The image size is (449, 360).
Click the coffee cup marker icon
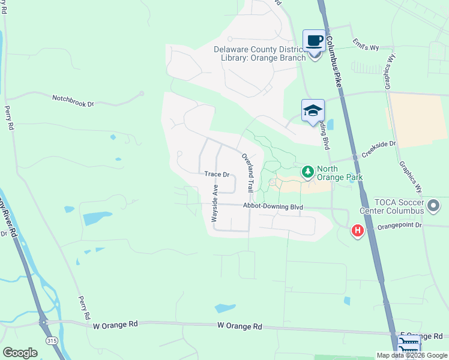(x=314, y=41)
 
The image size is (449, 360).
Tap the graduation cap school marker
(x=313, y=110)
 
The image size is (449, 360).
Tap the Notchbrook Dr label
(x=73, y=100)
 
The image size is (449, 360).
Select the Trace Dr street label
(x=217, y=175)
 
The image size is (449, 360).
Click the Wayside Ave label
(x=214, y=204)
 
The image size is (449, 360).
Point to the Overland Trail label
(x=249, y=172)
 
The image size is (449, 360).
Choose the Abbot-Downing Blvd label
(x=273, y=206)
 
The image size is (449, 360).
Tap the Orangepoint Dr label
(x=399, y=226)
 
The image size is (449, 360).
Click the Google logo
(x=20, y=353)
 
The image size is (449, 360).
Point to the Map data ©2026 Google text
(x=412, y=355)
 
